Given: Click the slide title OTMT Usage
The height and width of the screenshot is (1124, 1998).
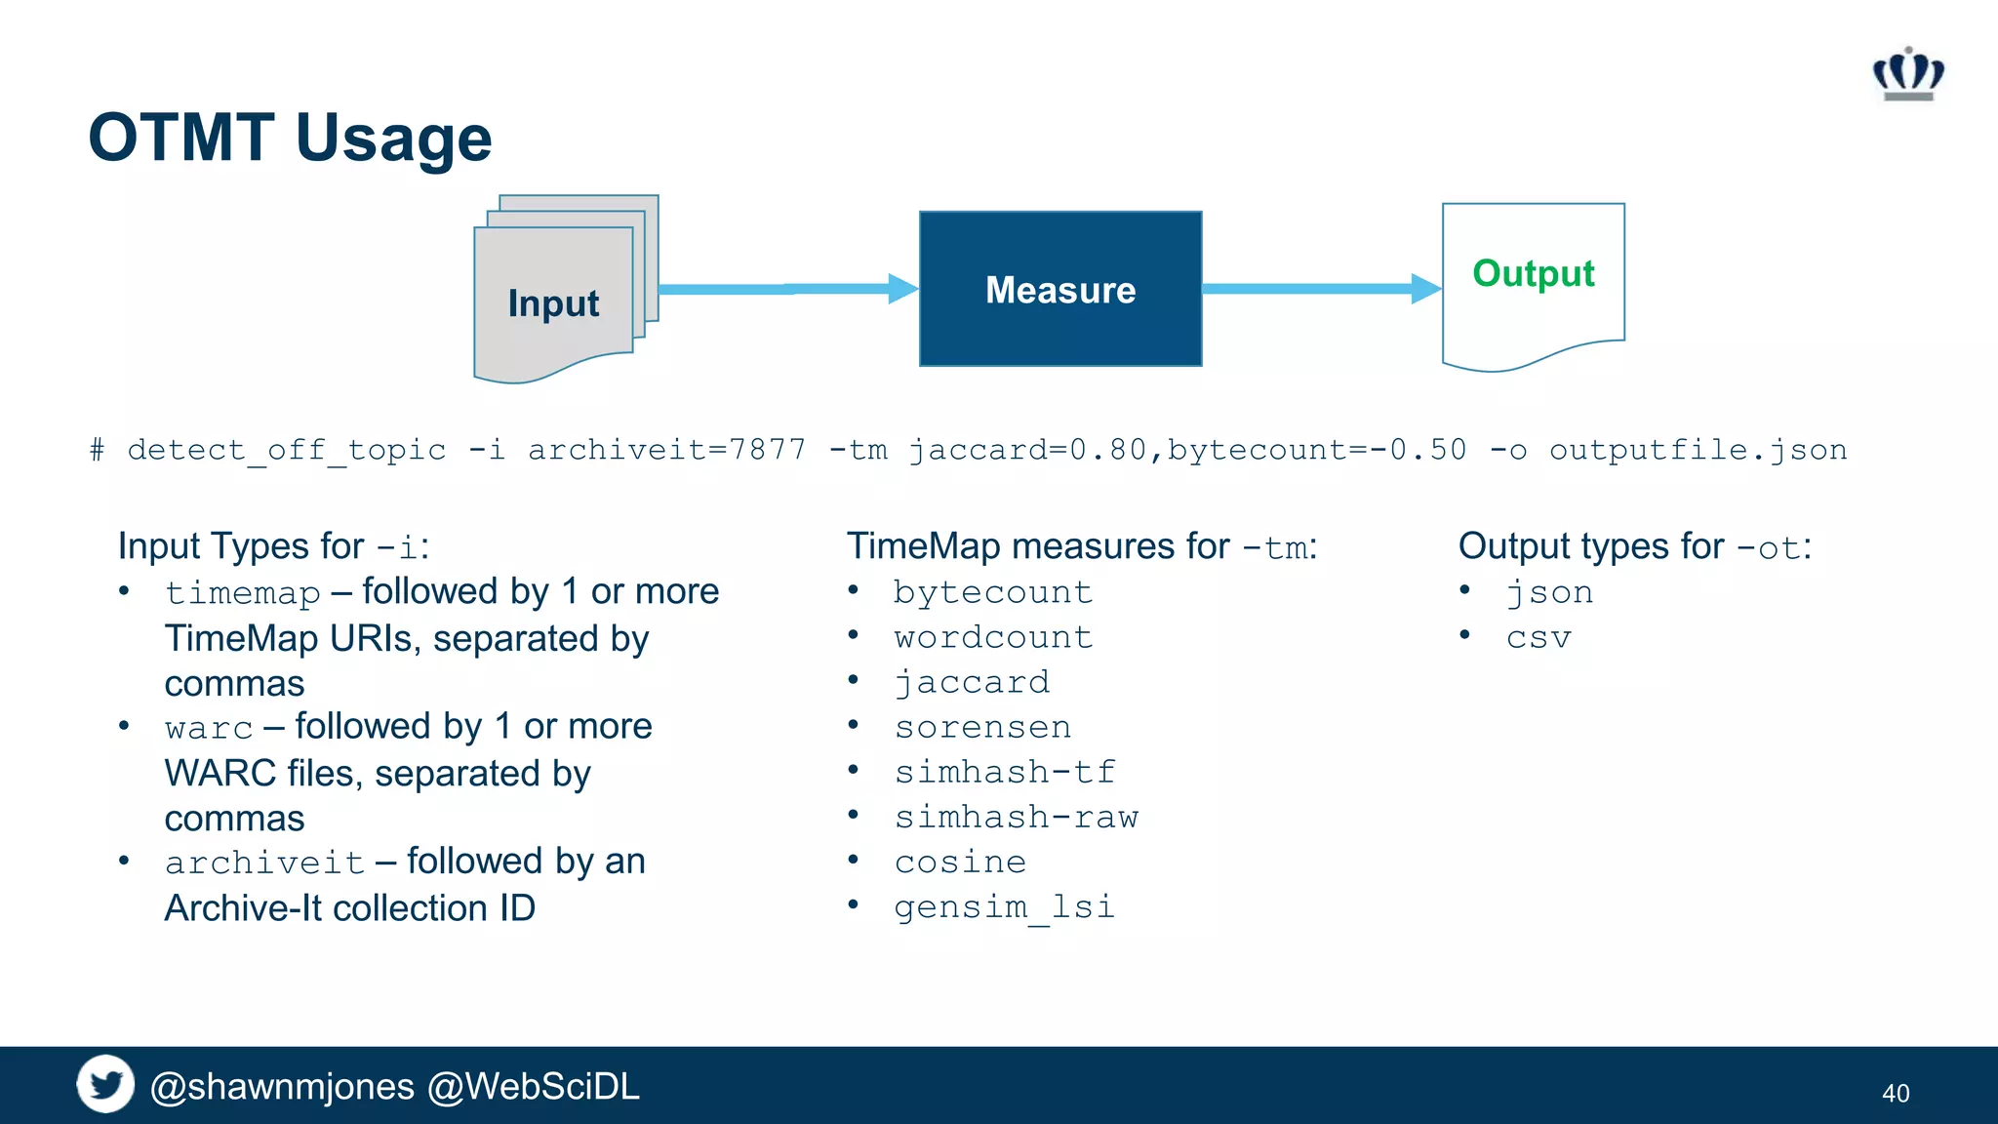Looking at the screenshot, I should (290, 138).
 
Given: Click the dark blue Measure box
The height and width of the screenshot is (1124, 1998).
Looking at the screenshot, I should (1060, 290).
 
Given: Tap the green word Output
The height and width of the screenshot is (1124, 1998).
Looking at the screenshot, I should (1533, 273).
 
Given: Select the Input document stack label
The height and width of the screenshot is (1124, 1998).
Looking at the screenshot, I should (553, 303).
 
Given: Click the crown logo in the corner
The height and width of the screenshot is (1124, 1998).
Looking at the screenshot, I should (1908, 74).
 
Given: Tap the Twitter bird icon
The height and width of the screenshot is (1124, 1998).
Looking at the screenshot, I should (105, 1084).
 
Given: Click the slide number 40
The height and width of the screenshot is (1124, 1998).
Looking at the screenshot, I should (1895, 1093).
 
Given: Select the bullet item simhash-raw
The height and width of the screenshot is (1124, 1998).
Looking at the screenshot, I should (1016, 817).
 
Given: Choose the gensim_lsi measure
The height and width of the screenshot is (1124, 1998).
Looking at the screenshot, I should (1004, 906).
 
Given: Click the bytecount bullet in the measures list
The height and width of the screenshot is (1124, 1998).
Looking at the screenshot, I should (992, 592).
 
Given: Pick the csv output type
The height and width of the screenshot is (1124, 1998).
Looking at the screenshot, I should (1538, 638).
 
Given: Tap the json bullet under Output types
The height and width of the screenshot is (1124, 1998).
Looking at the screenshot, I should (1549, 592).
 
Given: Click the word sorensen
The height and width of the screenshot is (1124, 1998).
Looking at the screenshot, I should (982, 727).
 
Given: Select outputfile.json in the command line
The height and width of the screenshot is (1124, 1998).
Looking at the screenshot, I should (1698, 450).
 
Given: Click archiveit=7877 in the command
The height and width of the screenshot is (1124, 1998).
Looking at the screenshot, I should (666, 450).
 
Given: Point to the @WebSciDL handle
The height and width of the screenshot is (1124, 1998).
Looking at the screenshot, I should (534, 1086).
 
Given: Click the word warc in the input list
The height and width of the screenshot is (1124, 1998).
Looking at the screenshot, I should (209, 728).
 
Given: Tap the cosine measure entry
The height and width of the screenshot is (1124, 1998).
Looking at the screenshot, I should (960, 862).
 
